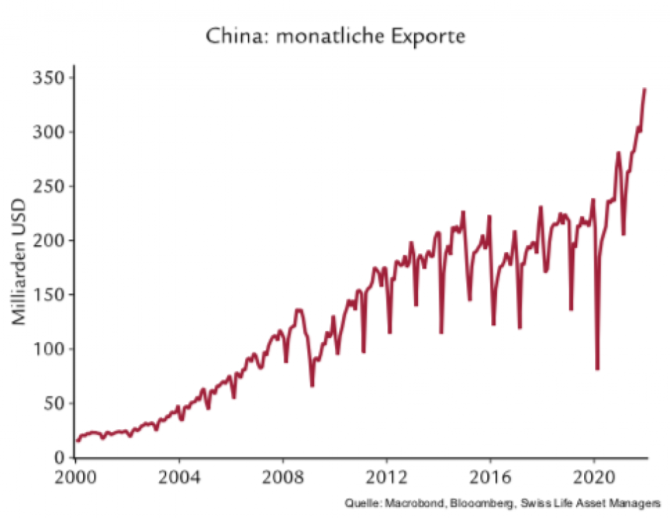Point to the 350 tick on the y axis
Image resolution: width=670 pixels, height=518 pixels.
click(x=50, y=77)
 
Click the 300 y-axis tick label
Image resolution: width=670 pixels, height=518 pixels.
click(x=50, y=132)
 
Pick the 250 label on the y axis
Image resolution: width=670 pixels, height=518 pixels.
click(x=50, y=186)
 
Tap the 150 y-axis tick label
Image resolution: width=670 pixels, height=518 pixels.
click(x=50, y=295)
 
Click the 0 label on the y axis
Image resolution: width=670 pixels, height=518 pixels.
click(x=60, y=457)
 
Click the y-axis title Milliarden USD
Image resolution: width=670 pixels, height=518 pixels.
click(x=19, y=262)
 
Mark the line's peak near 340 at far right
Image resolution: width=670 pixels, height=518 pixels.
click(x=645, y=89)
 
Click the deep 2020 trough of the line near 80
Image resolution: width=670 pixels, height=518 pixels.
click(x=597, y=369)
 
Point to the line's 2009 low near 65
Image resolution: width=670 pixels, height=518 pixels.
click(x=312, y=385)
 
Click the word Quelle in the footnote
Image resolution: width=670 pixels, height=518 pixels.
click(x=360, y=503)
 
